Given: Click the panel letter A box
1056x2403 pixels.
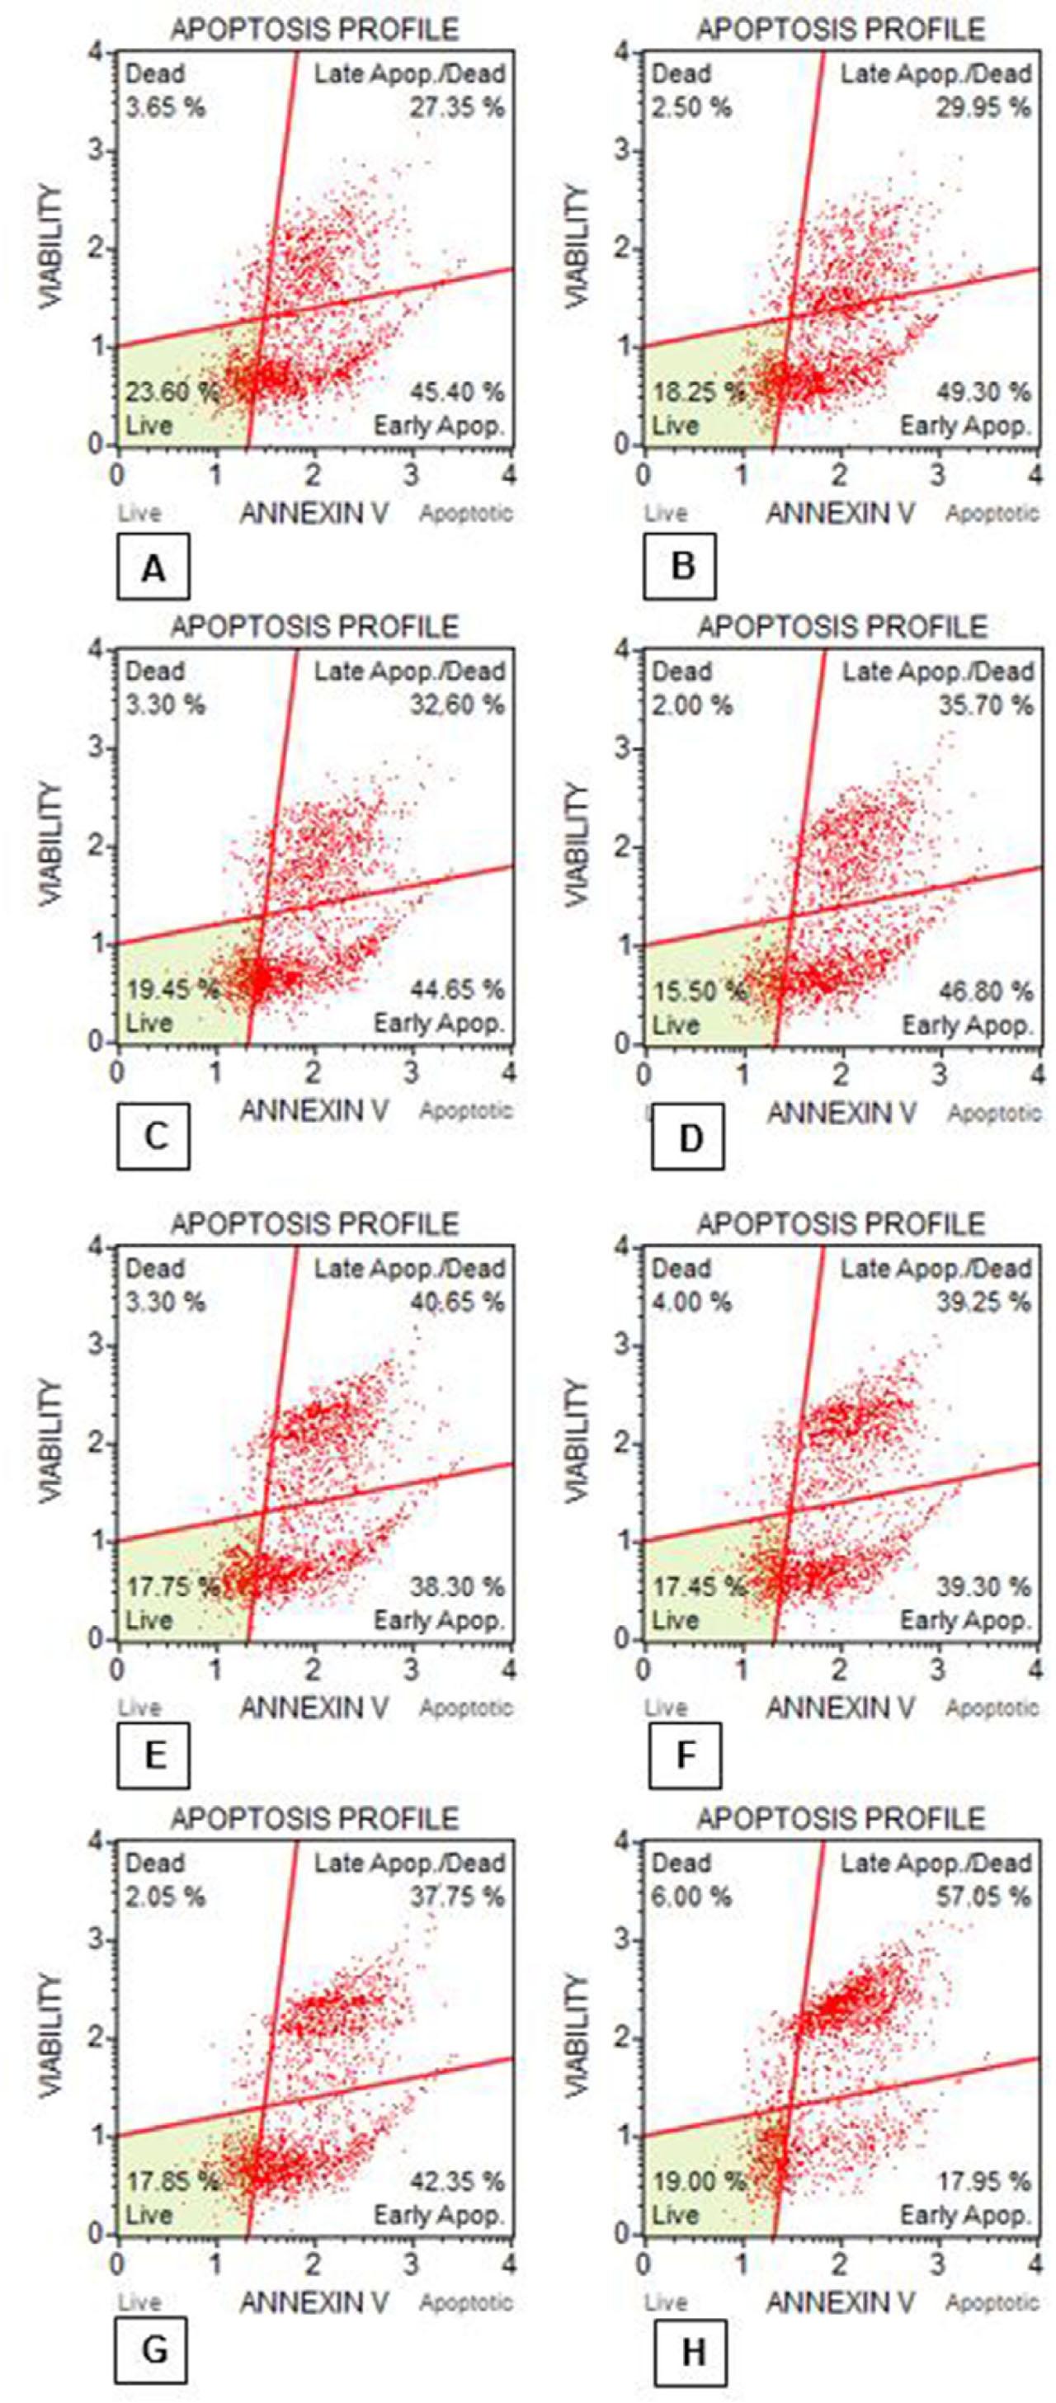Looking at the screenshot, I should [x=153, y=566].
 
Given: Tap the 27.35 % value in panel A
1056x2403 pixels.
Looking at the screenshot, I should [x=457, y=107].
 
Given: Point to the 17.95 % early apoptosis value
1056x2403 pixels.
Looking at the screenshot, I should [x=984, y=2182].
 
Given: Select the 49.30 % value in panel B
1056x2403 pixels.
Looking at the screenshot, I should [x=984, y=392].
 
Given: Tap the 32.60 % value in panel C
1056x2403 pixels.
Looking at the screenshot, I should [x=457, y=705].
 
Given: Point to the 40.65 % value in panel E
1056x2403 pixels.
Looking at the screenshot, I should [x=457, y=1301].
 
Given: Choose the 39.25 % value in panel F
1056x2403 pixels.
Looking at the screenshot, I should [x=984, y=1301].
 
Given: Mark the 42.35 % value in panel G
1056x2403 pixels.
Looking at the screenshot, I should [x=457, y=2182].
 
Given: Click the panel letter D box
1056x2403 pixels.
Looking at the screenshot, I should [x=688, y=1137].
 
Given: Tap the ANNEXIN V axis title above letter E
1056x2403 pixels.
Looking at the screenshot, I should [x=314, y=1707].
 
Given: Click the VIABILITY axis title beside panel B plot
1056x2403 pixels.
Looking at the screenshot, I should [x=578, y=247].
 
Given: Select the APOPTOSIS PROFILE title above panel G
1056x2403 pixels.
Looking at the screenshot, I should [x=314, y=1818].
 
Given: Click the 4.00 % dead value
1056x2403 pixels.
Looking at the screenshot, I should [x=691, y=1301].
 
